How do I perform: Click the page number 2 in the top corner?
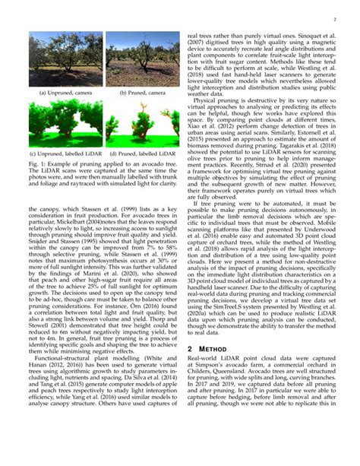coord(335,14)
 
